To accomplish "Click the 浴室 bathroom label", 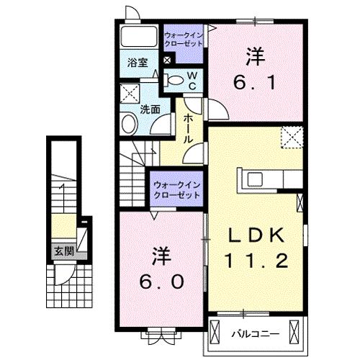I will [138, 63].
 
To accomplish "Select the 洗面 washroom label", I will [150, 111].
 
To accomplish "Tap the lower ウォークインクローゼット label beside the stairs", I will [176, 191].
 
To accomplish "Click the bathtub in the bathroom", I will [138, 37].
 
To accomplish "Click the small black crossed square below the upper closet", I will [168, 61].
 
